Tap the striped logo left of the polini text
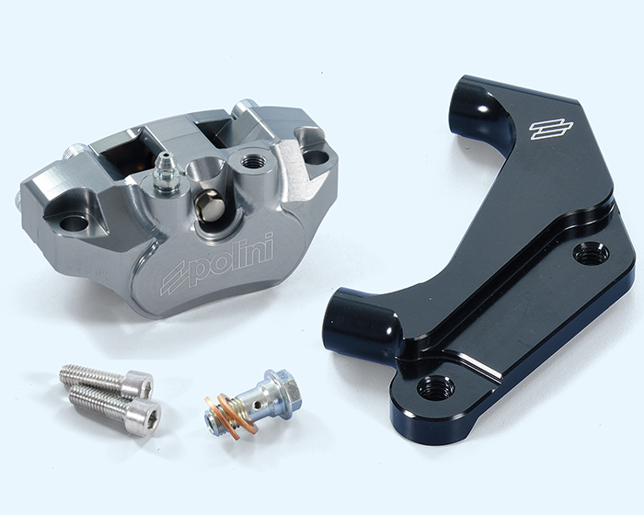coord(176,279)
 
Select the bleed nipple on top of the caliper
coord(165,173)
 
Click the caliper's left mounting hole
coord(75,223)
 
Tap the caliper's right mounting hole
coord(316,157)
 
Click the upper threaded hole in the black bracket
coord(591,254)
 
